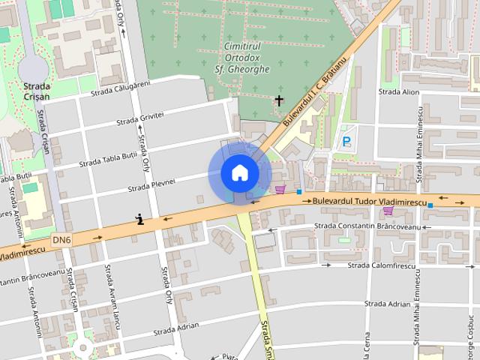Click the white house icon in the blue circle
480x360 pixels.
[239, 173]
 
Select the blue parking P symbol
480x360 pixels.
[346, 140]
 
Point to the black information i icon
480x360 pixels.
[139, 219]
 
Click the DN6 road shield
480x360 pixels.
[62, 240]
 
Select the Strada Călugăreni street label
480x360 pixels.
[121, 88]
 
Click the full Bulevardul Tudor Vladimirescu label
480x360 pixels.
[369, 202]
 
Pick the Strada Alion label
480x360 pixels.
[399, 92]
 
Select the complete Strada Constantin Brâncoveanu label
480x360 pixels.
[365, 226]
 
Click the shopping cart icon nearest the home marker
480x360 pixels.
[280, 189]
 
